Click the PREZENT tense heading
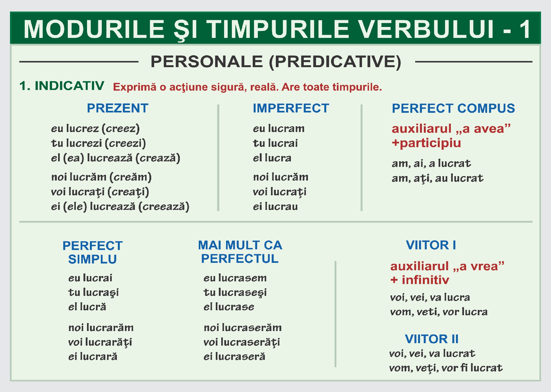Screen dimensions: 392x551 [x=118, y=108]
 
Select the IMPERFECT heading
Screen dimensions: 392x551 [x=291, y=108]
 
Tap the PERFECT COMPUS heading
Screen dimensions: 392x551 [x=453, y=109]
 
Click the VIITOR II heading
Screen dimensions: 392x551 [x=432, y=339]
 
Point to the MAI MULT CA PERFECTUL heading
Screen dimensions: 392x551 [x=240, y=252]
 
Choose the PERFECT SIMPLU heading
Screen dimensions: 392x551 [x=92, y=253]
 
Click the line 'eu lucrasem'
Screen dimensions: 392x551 [x=235, y=278]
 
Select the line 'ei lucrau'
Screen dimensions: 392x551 [x=275, y=207]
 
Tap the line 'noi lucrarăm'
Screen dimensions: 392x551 [x=101, y=328]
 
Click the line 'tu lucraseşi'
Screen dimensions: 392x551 [x=235, y=292]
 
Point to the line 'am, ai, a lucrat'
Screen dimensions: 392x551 [x=431, y=164]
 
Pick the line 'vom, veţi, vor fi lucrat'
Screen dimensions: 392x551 [x=446, y=368]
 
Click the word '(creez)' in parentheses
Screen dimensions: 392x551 [x=121, y=129]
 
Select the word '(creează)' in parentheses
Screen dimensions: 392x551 [x=164, y=207]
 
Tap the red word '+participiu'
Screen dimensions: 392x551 [x=426, y=143]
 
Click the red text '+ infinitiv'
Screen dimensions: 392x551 [x=419, y=280]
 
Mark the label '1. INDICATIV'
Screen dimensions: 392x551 [x=62, y=86]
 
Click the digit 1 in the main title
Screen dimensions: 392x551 [x=525, y=29]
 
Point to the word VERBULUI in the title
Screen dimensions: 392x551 [x=426, y=29]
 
